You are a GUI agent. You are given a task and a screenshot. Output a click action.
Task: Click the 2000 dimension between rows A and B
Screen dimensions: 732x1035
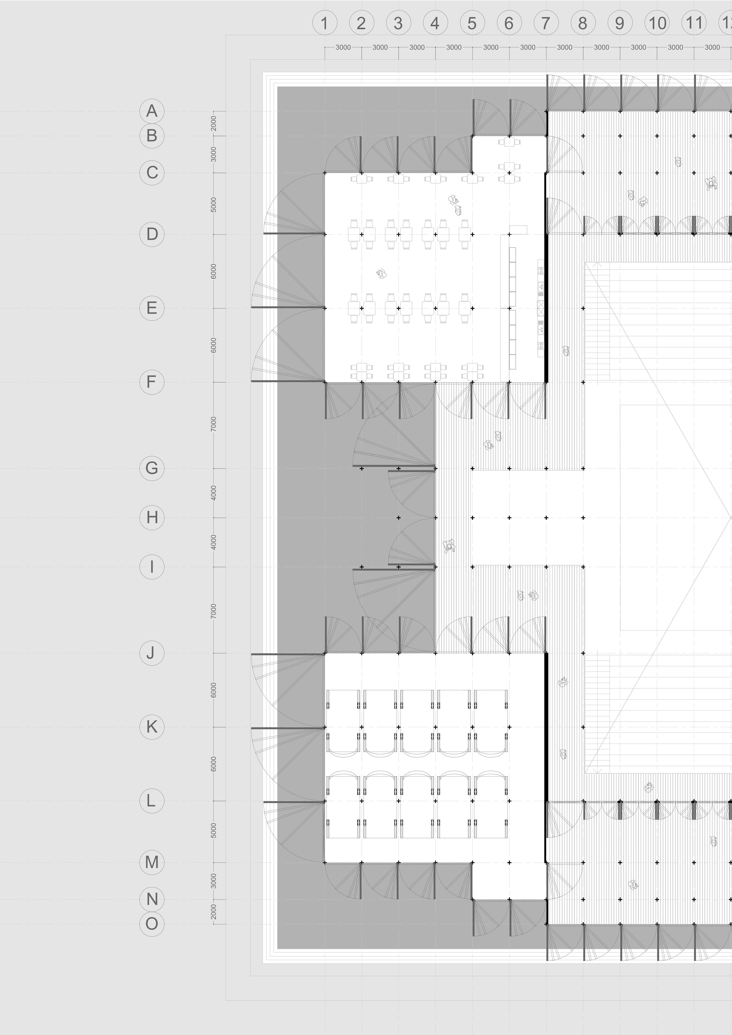pos(214,123)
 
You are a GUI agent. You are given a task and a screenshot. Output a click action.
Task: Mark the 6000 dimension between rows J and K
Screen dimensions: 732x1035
pos(214,690)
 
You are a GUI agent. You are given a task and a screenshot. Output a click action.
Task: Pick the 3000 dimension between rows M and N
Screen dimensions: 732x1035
pos(214,880)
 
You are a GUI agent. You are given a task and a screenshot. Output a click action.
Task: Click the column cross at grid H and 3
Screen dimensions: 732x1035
pos(398,517)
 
